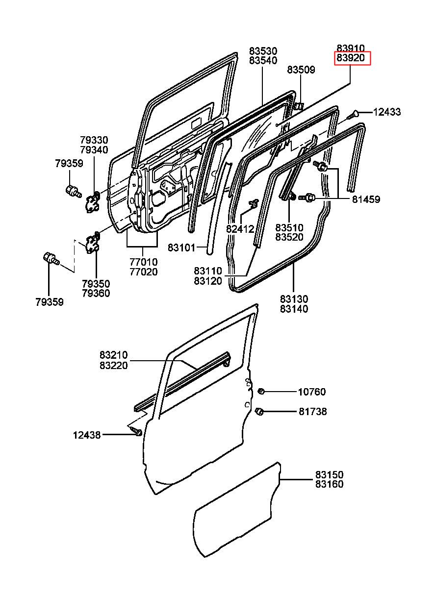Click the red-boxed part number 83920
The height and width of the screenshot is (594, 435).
coord(351,57)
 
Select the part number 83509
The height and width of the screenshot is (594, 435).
coord(301,70)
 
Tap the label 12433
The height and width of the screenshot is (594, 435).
coord(387,112)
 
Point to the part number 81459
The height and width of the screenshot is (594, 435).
coord(366,199)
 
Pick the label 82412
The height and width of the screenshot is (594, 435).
coord(240,229)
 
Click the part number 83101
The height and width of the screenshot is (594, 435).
coord(181,248)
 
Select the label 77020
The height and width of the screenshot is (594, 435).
coord(144,272)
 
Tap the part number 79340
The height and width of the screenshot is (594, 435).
coord(94,150)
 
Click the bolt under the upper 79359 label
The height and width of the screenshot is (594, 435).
coord(73,191)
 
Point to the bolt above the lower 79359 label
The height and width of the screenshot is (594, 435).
coord(51,258)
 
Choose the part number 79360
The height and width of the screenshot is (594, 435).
coord(96,293)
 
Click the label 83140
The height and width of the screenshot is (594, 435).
coord(294,309)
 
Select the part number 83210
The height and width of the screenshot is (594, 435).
coord(114,355)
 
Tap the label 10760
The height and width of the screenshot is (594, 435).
coord(312,392)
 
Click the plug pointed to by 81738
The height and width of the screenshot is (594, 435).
coord(259,412)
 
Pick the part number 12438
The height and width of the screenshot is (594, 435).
coord(87,435)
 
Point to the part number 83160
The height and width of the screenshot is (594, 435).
coord(330,484)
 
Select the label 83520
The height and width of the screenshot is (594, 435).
coord(289,237)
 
